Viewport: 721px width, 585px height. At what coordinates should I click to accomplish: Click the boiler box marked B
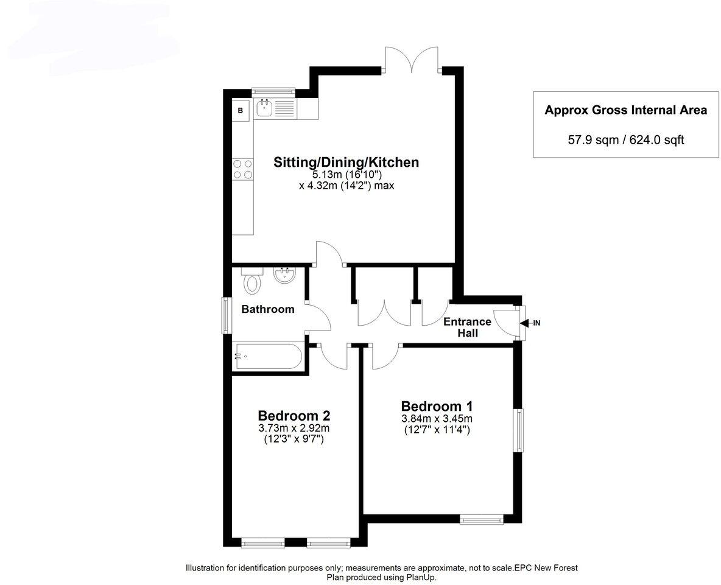pos(241,111)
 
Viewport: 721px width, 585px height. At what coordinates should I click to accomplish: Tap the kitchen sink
pos(264,110)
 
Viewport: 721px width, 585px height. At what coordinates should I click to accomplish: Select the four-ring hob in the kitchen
pos(243,169)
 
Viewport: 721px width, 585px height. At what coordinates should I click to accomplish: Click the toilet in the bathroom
pos(251,281)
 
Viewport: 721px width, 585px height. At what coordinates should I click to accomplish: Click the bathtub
pos(268,357)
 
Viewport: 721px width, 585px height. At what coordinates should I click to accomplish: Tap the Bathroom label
pos(268,309)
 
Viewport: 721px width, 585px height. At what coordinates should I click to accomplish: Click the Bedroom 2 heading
pos(294,416)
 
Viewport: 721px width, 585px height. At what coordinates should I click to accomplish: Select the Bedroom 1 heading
pos(437,406)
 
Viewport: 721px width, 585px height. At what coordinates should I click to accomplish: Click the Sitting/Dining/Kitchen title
pos(346,163)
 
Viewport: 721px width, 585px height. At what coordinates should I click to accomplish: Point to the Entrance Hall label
pos(468,328)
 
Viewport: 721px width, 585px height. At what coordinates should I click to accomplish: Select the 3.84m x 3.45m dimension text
pos(437,418)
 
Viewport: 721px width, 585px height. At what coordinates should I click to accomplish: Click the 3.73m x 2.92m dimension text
pos(294,428)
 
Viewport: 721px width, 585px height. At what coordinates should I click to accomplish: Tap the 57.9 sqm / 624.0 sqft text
pos(626,140)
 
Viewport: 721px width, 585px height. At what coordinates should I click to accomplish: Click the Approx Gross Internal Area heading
pos(626,110)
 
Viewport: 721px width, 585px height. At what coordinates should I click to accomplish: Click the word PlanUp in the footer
pos(421,577)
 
